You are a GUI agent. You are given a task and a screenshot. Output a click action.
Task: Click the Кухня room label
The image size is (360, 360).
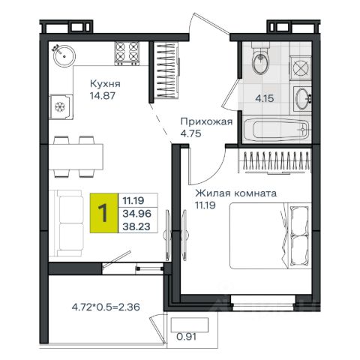105,84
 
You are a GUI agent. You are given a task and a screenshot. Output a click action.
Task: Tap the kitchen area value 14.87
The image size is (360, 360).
103,95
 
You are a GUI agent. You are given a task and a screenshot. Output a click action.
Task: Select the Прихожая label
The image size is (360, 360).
206,121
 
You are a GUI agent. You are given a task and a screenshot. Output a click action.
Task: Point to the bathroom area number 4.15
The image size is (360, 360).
265,98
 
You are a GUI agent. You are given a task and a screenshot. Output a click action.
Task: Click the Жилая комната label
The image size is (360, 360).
236,193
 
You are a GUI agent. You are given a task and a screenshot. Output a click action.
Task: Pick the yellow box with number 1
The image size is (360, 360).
103,213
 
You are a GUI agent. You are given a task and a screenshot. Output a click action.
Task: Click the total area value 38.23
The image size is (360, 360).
136,226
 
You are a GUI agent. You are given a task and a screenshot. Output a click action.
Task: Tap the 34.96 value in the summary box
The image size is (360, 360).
136,214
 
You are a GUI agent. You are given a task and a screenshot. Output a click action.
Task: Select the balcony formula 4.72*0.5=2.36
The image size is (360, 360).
106,307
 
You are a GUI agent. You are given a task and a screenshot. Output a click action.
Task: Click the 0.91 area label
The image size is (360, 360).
186,337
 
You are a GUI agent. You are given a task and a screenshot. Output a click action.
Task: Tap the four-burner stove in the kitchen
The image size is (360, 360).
127,53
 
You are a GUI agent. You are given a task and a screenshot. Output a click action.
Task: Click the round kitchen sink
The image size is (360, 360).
64,56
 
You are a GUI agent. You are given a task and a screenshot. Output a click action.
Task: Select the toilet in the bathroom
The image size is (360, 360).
260,58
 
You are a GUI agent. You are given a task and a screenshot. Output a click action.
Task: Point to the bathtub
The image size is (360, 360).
276,130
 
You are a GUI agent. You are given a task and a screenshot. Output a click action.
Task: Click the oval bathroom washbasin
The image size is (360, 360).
301,99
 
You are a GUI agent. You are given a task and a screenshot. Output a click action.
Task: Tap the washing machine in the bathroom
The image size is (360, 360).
300,68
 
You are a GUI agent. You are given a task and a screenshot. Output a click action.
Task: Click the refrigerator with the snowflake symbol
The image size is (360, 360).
61,107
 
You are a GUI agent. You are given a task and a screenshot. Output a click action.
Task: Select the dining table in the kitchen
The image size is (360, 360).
76,157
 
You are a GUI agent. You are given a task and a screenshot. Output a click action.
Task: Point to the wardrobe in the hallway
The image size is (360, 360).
166,70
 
